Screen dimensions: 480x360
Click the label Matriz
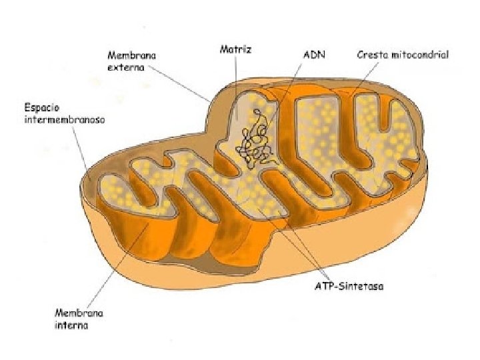tap(235, 51)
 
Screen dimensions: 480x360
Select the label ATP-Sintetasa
tap(349, 287)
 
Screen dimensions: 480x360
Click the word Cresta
tap(372, 54)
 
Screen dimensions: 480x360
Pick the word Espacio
tap(42, 107)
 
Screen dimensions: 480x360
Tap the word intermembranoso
tap(65, 120)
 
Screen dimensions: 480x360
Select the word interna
tap(71, 326)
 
